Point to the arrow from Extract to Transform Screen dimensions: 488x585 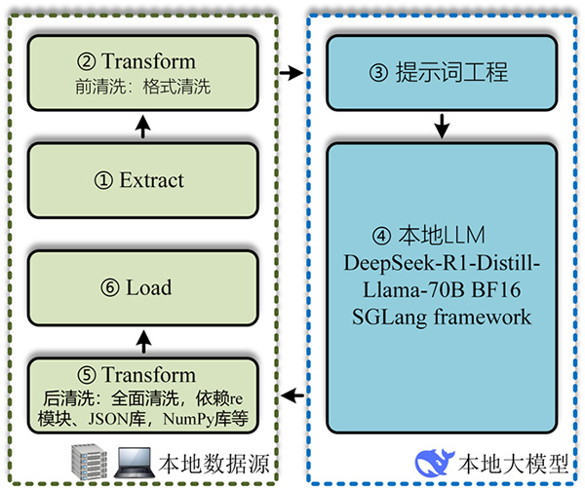(x=143, y=127)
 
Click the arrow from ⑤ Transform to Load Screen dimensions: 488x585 (x=143, y=341)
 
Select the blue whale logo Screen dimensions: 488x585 (x=435, y=460)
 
